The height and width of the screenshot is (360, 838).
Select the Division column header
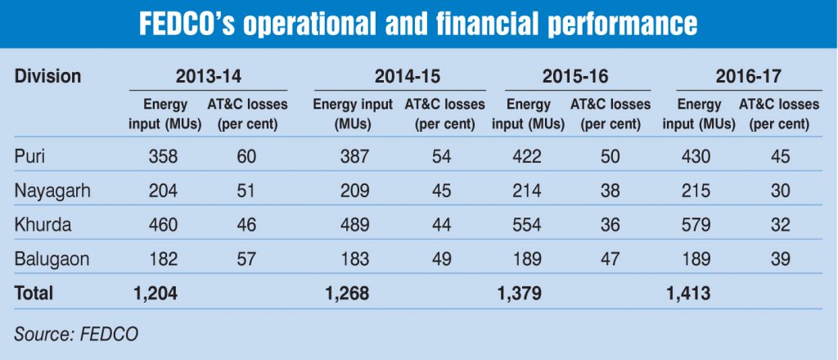[x=48, y=77]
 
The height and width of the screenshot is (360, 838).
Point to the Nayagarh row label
[x=53, y=191]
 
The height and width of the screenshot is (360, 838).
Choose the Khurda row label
[x=42, y=225]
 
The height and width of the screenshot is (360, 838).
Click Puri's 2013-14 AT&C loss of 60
[x=246, y=156]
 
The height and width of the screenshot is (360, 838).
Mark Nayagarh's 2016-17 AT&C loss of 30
[x=780, y=191]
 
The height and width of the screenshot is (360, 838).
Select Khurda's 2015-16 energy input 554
[x=524, y=225]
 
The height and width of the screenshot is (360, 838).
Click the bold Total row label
[x=34, y=292]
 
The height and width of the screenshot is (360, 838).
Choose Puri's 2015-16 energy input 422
[x=524, y=156]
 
